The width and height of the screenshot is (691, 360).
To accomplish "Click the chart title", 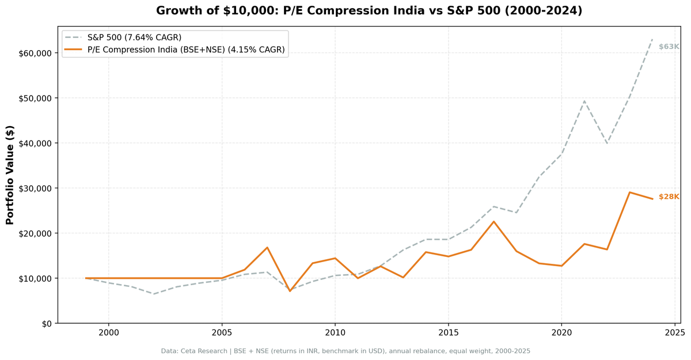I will pyautogui.click(x=369, y=11).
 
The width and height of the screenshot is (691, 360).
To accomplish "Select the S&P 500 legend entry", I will pyautogui.click(x=134, y=37).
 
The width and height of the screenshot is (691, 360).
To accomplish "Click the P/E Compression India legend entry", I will pyautogui.click(x=185, y=50).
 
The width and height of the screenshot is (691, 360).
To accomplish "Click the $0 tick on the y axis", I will pyautogui.click(x=46, y=323).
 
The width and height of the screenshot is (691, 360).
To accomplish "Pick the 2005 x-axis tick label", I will pyautogui.click(x=222, y=333).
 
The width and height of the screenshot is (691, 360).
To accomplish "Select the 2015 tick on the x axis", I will pyautogui.click(x=448, y=333).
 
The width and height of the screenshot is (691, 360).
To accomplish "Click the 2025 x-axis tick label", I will pyautogui.click(x=674, y=333).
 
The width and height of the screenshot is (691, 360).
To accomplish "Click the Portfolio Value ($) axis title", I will pyautogui.click(x=10, y=175).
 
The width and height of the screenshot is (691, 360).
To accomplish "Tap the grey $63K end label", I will pyautogui.click(x=669, y=47).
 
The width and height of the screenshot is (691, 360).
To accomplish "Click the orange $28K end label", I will pyautogui.click(x=669, y=197).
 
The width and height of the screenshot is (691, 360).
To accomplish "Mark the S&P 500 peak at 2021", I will pyautogui.click(x=584, y=101).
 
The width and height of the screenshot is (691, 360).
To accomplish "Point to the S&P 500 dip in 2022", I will pyautogui.click(x=607, y=143).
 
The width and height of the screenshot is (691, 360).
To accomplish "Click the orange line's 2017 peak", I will pyautogui.click(x=493, y=222).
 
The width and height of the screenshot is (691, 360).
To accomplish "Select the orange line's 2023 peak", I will pyautogui.click(x=629, y=192).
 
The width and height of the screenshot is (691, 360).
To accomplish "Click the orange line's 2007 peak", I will pyautogui.click(x=267, y=248).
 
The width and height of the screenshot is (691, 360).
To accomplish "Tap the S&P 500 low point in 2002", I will pyautogui.click(x=154, y=294).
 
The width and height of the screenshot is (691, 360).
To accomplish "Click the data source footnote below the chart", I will pyautogui.click(x=345, y=351).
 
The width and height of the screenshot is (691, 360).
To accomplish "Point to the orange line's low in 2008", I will pyautogui.click(x=290, y=291).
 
